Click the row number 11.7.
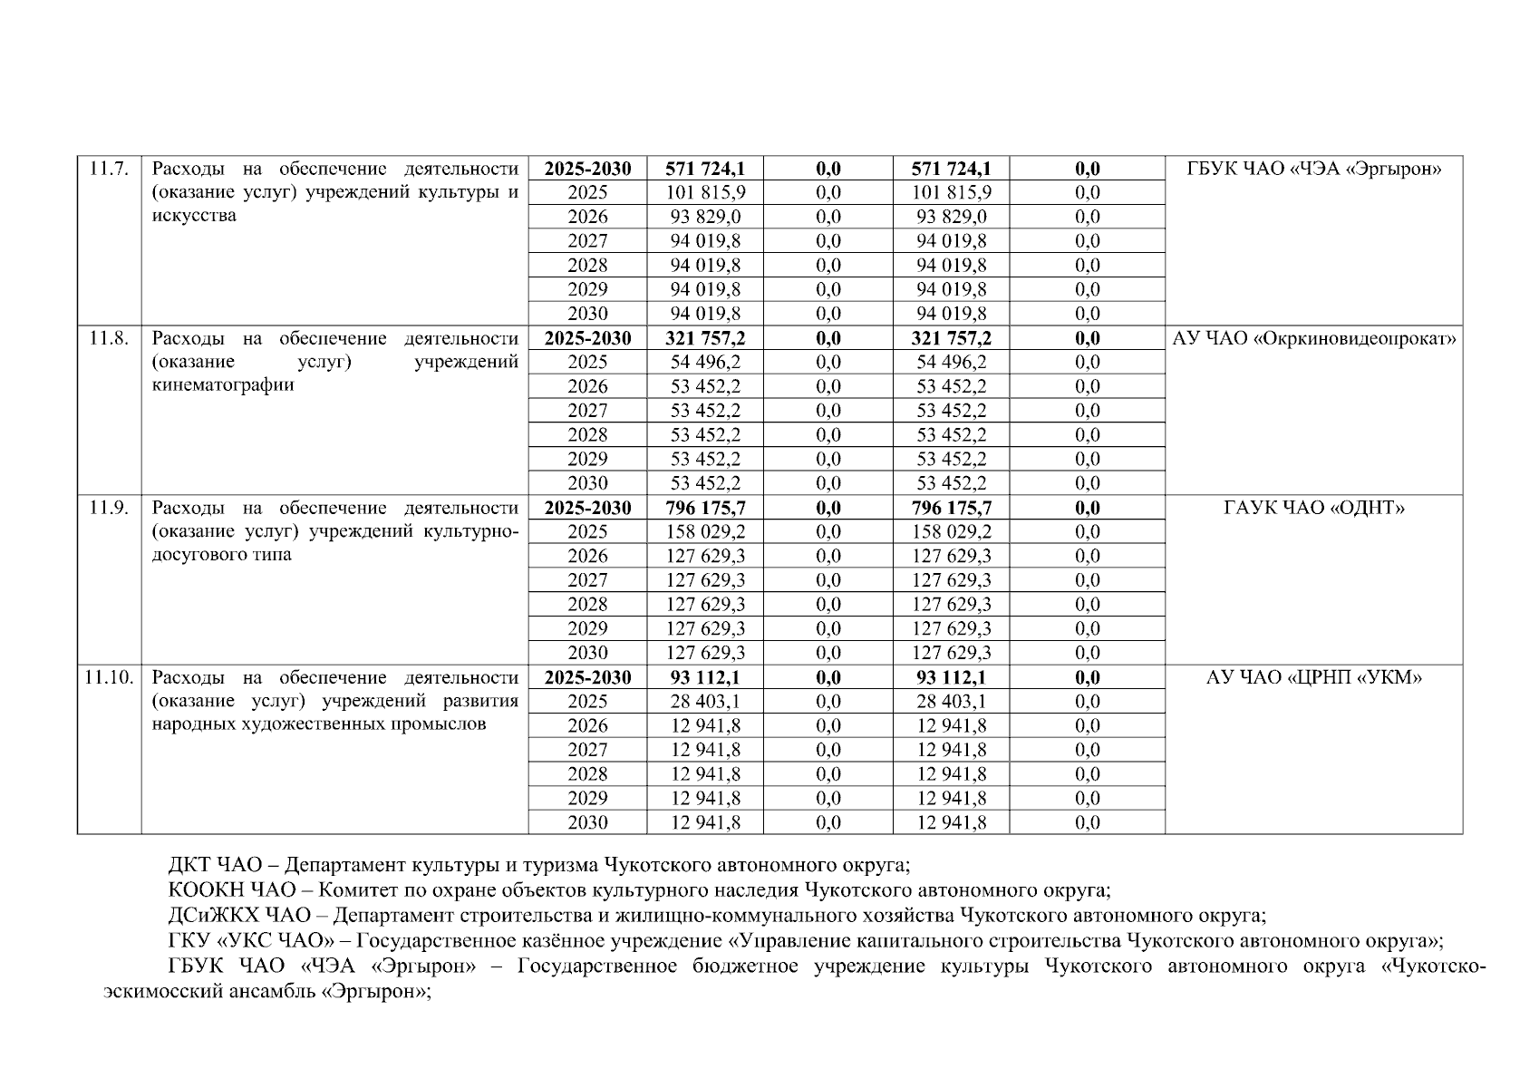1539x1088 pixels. click(109, 169)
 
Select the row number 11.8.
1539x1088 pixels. click(109, 338)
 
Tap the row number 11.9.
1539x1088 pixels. click(109, 508)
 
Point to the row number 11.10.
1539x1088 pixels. click(109, 677)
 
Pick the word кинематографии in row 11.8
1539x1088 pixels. click(223, 385)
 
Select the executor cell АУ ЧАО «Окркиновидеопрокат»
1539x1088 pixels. click(1313, 338)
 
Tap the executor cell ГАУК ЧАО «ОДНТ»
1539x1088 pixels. click(1313, 508)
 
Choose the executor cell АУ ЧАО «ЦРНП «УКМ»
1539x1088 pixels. click(1313, 677)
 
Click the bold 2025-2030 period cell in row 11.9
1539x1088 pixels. click(587, 508)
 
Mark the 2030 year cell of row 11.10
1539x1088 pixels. click(587, 822)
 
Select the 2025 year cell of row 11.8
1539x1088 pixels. click(587, 362)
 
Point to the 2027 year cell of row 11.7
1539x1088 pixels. click(587, 241)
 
